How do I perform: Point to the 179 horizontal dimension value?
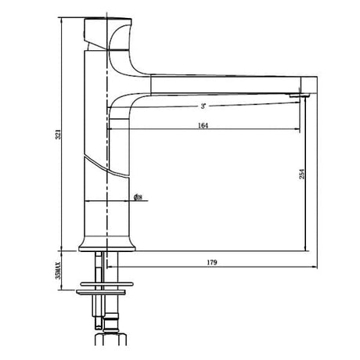pos(212,261)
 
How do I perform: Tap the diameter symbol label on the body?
pos(137,198)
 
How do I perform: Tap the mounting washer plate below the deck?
pos(108,294)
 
